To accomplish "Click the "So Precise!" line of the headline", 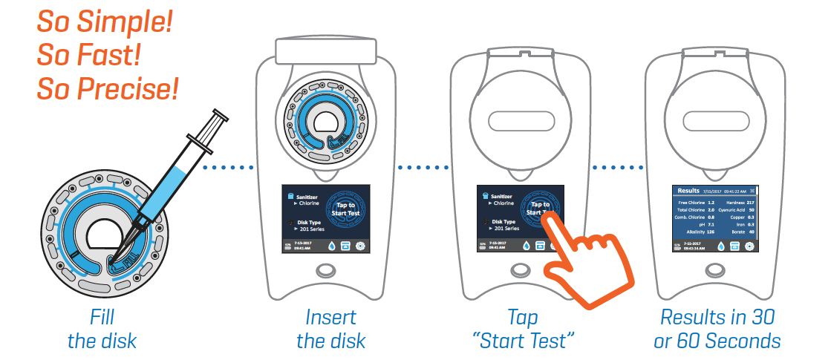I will click(108, 90).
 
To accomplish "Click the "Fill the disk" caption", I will click(102, 329).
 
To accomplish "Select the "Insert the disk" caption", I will click(331, 329).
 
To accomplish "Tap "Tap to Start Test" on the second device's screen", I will click(346, 209).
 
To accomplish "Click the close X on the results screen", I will click(752, 191).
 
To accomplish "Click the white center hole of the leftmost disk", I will click(105, 236).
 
